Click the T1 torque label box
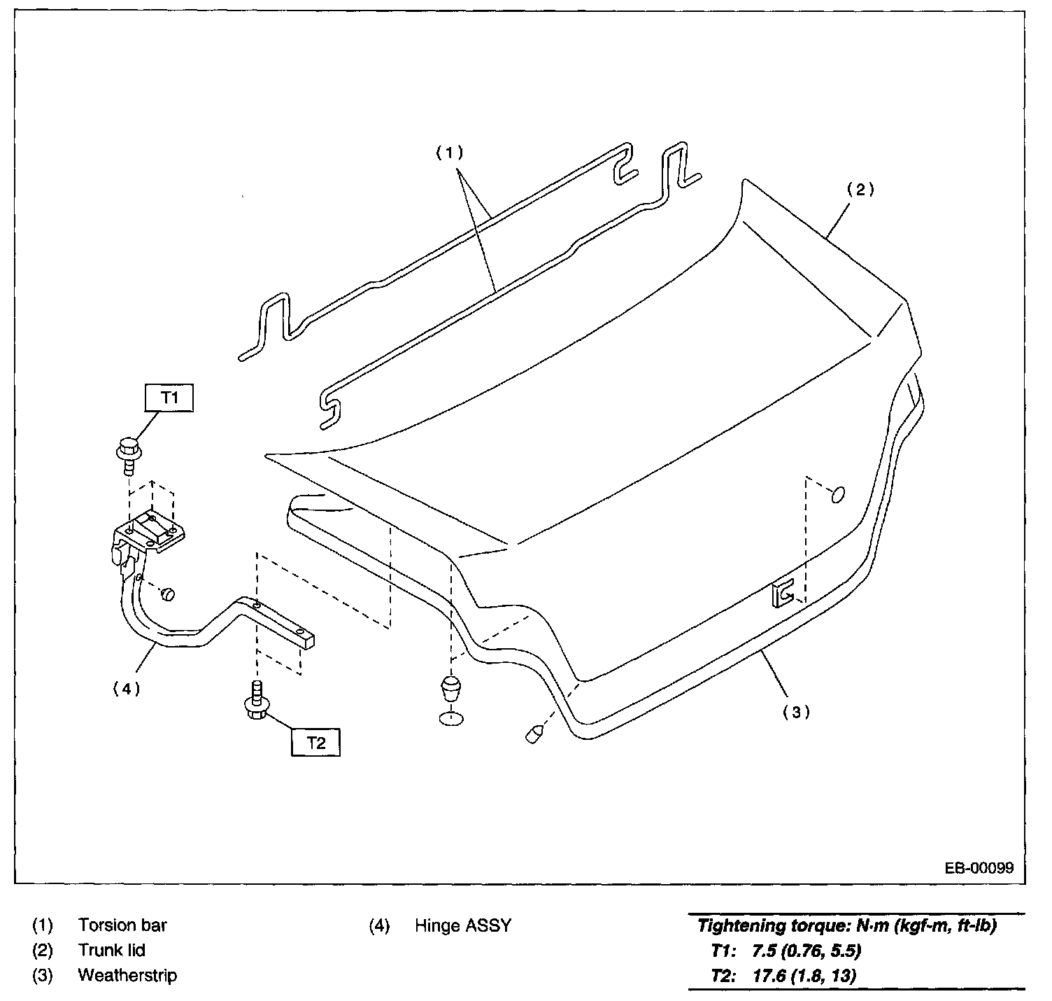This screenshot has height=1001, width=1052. click(169, 398)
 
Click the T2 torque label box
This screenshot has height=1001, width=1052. click(315, 742)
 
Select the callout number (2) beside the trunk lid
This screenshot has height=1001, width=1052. click(860, 189)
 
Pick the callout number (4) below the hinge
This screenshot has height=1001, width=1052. click(127, 688)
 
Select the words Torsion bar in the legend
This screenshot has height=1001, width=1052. click(122, 925)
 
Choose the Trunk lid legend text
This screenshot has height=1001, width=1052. click(111, 950)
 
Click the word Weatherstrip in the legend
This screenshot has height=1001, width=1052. click(127, 975)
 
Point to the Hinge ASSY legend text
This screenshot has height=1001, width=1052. click(462, 925)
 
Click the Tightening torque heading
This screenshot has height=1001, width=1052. click(846, 926)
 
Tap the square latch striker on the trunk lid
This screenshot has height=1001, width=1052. click(783, 594)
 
